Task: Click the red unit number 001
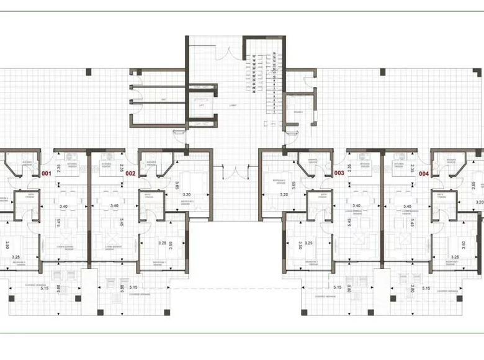tap(46, 174)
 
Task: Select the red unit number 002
tap(130, 174)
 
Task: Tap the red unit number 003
tap(339, 174)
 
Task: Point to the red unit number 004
tap(424, 174)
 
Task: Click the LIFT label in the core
tap(201, 106)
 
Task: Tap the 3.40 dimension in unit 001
tap(63, 205)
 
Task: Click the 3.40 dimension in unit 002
tap(114, 205)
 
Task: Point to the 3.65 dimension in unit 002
tap(177, 184)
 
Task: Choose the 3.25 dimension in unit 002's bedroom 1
tap(163, 243)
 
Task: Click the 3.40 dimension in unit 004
tap(408, 205)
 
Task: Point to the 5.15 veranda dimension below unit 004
tap(426, 288)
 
